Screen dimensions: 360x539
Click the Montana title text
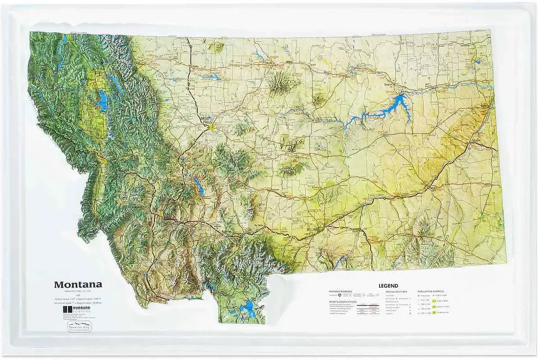(x=78, y=284)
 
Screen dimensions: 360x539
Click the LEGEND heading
(x=388, y=286)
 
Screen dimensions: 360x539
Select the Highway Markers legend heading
(x=340, y=292)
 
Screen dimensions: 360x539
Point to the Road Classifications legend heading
(x=343, y=302)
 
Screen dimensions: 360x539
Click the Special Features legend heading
(x=396, y=292)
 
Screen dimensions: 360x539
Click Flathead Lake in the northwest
(x=103, y=101)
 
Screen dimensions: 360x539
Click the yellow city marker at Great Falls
(x=211, y=127)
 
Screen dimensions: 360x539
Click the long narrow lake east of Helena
(x=199, y=185)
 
